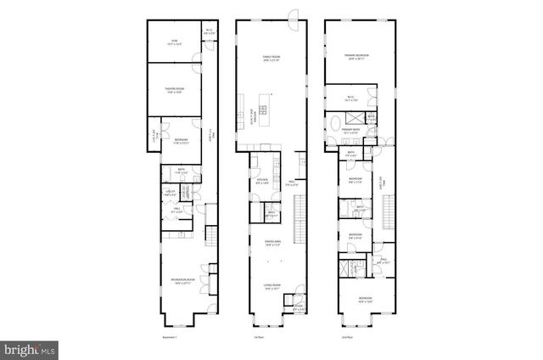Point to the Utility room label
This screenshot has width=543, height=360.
[x=171, y=194]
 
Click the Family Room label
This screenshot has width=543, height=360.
[x=271, y=58]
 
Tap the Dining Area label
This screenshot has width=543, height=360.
[x=271, y=244]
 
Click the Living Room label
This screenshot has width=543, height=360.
[x=271, y=286]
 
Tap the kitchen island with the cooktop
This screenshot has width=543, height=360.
[x=263, y=109]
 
